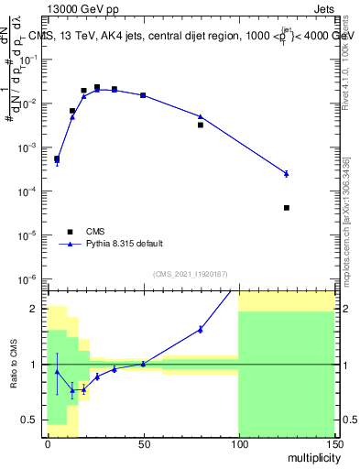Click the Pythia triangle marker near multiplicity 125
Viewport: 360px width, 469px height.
(x=287, y=173)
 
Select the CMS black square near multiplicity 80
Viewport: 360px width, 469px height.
(x=201, y=125)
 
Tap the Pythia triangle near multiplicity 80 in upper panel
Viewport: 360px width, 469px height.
(x=201, y=116)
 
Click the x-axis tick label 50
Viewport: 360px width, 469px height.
(x=143, y=444)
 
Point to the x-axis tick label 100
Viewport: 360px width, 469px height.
(x=238, y=444)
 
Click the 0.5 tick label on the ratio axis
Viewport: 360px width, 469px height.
(x=35, y=420)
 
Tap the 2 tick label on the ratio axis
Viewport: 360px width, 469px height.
(x=38, y=309)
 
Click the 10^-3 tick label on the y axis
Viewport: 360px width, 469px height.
(x=31, y=147)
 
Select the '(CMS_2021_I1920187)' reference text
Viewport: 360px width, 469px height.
(x=191, y=273)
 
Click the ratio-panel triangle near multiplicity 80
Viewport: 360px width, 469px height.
(x=201, y=329)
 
